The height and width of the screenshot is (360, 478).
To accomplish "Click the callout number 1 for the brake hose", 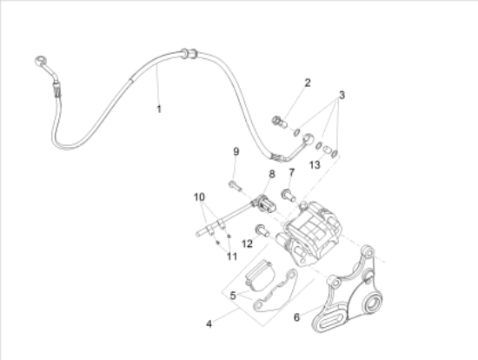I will (159, 109).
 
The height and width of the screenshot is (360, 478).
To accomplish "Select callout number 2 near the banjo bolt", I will (308, 83).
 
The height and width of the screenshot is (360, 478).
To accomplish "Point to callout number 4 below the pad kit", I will (209, 323).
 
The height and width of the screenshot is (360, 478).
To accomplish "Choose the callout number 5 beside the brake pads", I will (232, 296).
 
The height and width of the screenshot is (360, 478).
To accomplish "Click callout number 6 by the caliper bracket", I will (297, 317).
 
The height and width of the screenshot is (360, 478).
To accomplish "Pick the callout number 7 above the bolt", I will (292, 172).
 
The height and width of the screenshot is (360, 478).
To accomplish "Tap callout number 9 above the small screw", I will (235, 152).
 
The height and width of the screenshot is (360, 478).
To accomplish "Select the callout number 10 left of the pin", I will (200, 197).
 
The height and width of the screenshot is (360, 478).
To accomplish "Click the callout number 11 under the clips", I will (231, 255).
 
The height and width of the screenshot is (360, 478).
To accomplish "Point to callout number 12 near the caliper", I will (248, 243).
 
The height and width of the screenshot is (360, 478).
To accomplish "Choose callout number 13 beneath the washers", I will (315, 164).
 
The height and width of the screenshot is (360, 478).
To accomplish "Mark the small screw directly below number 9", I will (234, 183).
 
